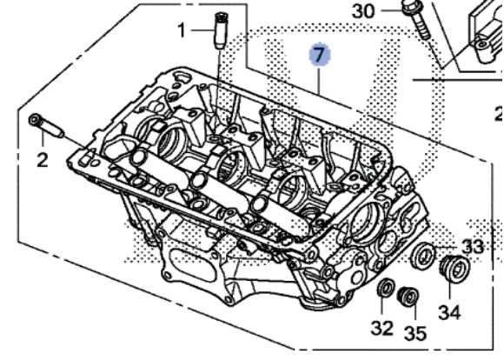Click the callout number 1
pos(182,31)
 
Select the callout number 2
pos(41,162)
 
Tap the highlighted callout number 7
pos(319,56)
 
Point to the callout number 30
pos(363,11)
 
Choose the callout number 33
pos(473,247)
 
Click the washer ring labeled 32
pos(386,289)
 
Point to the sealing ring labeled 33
pos(426,256)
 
